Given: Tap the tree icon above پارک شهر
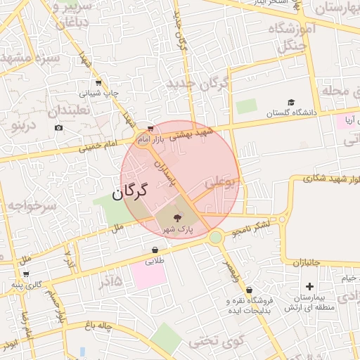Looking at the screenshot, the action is pos(176,218).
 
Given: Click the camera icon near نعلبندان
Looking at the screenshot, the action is pos(58,127).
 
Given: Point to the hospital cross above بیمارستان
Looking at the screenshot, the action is pos(309,285).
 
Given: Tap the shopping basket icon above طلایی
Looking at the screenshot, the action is pos(155,250).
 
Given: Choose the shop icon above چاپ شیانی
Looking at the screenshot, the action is pos(98,82).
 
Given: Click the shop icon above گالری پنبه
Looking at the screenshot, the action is pos(25,274).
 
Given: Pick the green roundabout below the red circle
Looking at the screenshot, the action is pos(215,238).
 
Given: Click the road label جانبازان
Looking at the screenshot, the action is pos(306,262).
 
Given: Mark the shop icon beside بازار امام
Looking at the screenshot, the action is pos(150,129).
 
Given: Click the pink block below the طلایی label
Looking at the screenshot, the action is pos(148,274).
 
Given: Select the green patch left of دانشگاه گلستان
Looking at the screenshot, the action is pos(246,106).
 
